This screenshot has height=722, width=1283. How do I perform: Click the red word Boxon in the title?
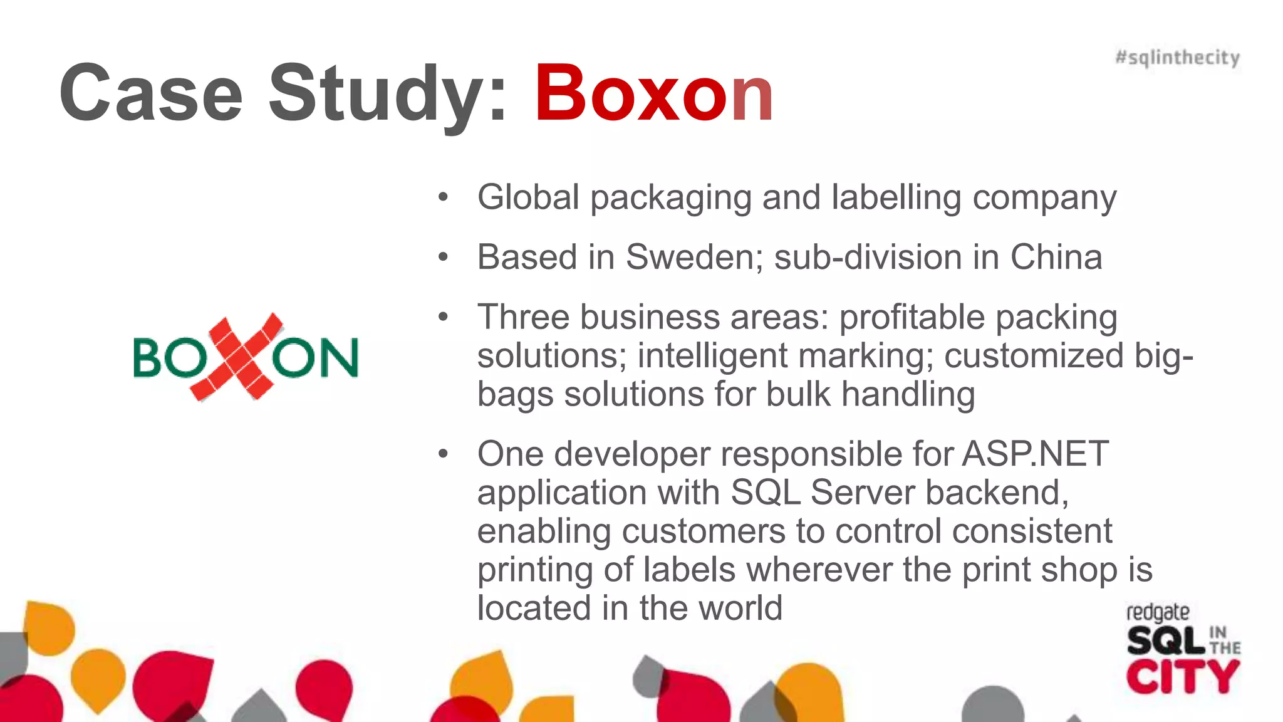point(653,94)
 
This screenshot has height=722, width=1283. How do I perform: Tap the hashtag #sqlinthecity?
point(1177,58)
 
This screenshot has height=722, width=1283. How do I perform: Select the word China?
point(1056,257)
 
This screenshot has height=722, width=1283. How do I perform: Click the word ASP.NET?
point(1036,454)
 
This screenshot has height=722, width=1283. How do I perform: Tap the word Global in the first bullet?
point(528,197)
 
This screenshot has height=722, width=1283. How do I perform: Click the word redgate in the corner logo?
point(1158,613)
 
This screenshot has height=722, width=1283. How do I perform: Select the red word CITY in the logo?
point(1182,677)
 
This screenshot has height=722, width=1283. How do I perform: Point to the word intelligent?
point(712,356)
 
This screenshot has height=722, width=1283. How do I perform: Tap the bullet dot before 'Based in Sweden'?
point(444,257)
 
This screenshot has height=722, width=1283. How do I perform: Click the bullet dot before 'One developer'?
point(444,454)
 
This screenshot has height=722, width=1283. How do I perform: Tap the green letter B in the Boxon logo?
point(149,358)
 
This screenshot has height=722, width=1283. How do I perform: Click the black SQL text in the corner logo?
point(1166,641)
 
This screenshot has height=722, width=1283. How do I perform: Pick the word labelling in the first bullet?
point(896,197)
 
